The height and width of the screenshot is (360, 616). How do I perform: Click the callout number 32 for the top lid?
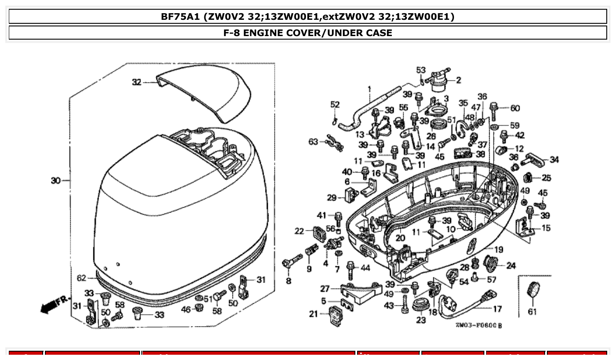click(136, 82)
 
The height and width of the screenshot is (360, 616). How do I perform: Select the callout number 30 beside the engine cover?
click(55, 180)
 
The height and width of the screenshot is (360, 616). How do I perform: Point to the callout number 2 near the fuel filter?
click(458, 80)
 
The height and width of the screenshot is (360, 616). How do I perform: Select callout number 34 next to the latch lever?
click(554, 160)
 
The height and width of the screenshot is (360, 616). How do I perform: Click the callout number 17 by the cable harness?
click(497, 309)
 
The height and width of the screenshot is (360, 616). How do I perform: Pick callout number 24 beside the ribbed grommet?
click(511, 265)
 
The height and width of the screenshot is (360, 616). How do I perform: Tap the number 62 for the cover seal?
click(81, 278)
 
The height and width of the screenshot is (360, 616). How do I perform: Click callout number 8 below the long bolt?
click(288, 280)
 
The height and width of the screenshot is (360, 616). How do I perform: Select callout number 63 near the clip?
click(313, 142)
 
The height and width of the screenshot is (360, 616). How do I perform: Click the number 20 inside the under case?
click(400, 238)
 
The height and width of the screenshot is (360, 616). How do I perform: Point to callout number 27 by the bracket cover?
click(325, 289)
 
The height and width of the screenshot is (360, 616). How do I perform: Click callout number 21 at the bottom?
click(313, 314)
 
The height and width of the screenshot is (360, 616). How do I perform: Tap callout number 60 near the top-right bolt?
click(515, 108)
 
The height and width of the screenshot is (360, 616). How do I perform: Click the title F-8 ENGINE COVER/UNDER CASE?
click(308, 33)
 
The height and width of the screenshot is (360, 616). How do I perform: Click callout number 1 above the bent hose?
click(370, 88)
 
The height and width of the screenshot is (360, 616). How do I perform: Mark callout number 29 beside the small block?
click(332, 197)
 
